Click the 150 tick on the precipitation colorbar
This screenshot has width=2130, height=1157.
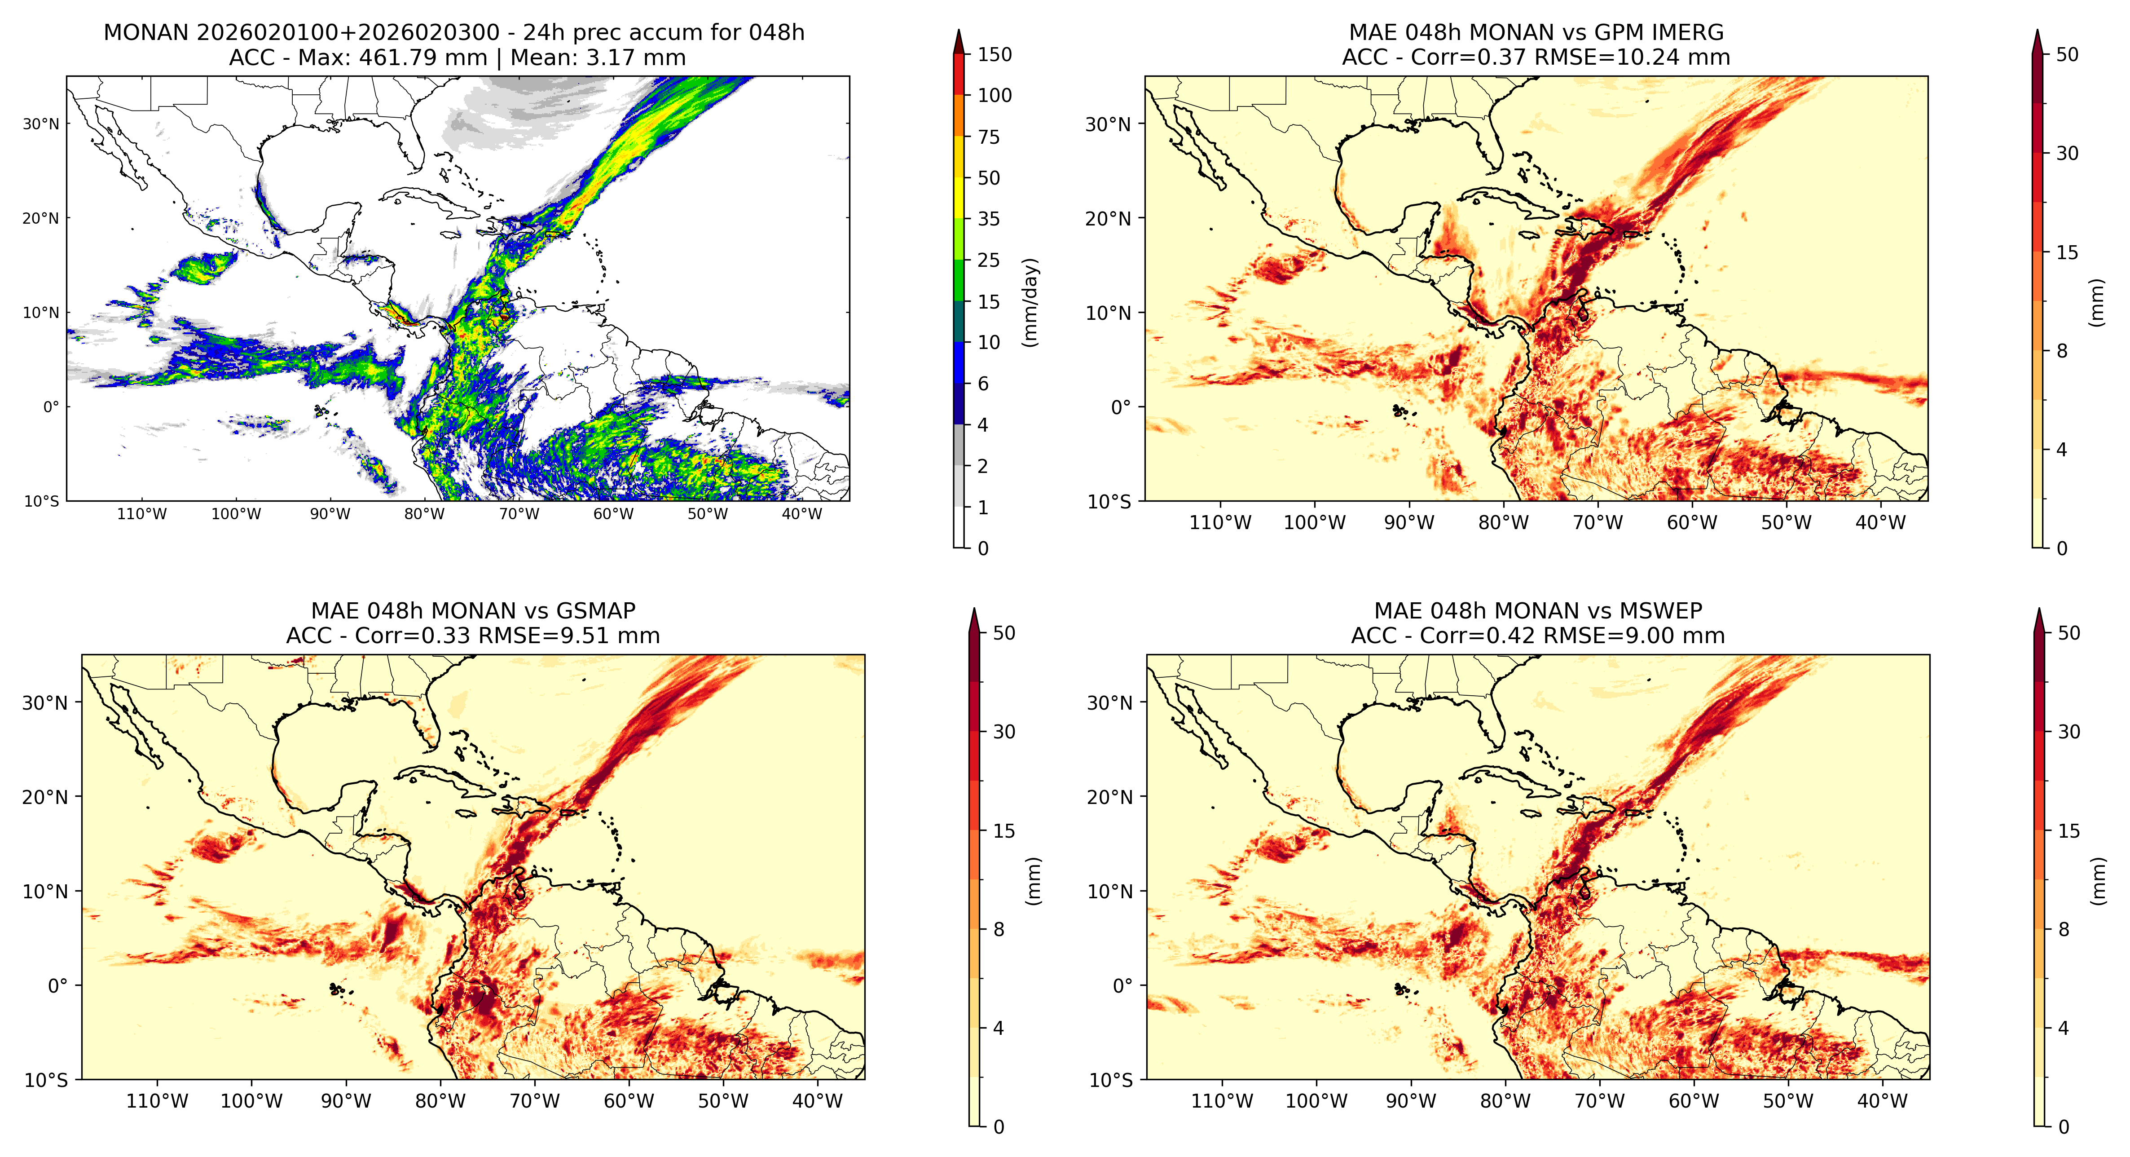pyautogui.click(x=995, y=55)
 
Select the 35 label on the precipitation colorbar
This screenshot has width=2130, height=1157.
pyautogui.click(x=989, y=219)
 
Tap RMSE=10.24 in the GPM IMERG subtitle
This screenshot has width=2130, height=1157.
pyautogui.click(x=1594, y=58)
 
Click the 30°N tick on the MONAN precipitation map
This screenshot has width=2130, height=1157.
pyautogui.click(x=41, y=124)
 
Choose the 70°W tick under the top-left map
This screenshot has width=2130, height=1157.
pyautogui.click(x=519, y=514)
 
